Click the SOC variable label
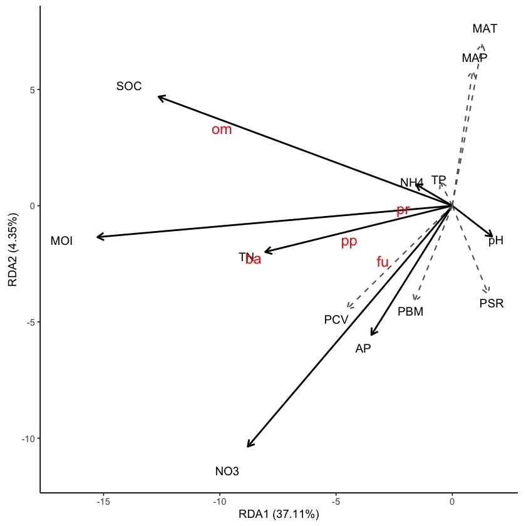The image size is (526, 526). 129,86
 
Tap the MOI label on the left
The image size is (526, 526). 61,241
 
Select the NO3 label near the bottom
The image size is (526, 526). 227,472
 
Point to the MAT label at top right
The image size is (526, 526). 485,29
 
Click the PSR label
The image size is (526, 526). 492,304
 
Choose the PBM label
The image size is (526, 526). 410,311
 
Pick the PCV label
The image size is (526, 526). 336,320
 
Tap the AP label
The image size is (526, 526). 363,349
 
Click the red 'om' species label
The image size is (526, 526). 222,130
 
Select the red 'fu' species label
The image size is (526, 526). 383,262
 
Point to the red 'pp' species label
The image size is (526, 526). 349,242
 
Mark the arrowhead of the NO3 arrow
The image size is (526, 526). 248,446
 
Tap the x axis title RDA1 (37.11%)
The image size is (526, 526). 279,515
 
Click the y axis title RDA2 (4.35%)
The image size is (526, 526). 13,249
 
